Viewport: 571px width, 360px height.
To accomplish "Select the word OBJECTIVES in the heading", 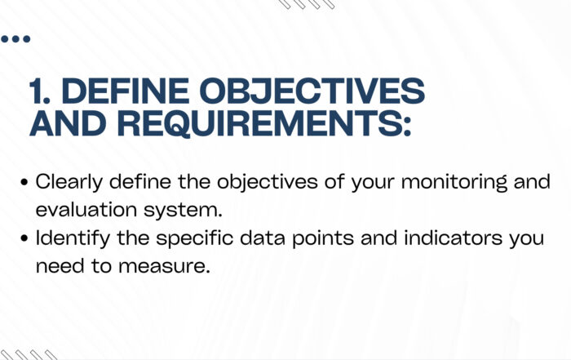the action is pyautogui.click(x=312, y=91).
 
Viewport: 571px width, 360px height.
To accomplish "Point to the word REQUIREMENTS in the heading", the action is pyautogui.click(x=259, y=124).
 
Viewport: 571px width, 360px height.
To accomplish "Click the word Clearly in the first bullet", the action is pyautogui.click(x=69, y=182).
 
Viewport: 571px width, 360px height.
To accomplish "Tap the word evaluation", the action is pyautogui.click(x=86, y=210).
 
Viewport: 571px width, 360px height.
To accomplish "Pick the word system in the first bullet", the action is pyautogui.click(x=183, y=211).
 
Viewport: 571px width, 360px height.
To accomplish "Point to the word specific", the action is pyautogui.click(x=195, y=238).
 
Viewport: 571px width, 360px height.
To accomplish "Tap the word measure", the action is pyautogui.click(x=164, y=266).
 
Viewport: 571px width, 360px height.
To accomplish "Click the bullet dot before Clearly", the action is pyautogui.click(x=24, y=182).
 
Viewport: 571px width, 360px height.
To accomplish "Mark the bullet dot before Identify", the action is pyautogui.click(x=24, y=238).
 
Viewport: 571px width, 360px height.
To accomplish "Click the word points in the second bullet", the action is pyautogui.click(x=323, y=238).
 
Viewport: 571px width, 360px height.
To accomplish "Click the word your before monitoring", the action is pyautogui.click(x=373, y=183).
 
